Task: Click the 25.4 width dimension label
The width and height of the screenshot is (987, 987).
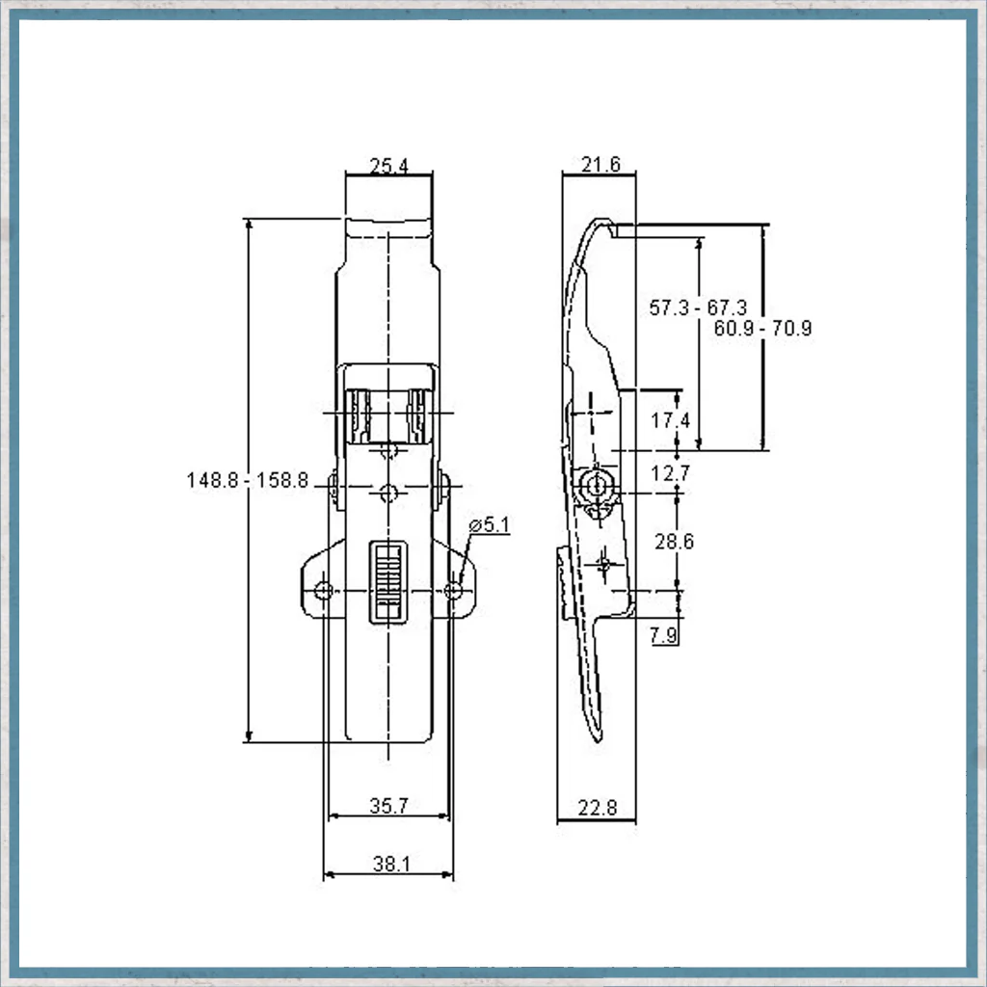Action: click(389, 166)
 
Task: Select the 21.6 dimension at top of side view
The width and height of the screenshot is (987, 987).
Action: click(600, 164)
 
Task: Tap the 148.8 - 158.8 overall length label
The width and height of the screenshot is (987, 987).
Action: click(248, 480)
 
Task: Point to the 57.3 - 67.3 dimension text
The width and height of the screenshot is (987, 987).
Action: click(698, 307)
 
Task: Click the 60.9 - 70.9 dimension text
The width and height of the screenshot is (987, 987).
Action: click(763, 328)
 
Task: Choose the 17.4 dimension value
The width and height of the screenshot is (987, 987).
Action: click(671, 420)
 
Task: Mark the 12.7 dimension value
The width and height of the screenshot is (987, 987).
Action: click(671, 472)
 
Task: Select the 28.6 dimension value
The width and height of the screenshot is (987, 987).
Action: click(674, 542)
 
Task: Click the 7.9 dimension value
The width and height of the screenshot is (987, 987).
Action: click(664, 635)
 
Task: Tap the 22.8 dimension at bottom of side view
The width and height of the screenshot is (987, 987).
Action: click(598, 808)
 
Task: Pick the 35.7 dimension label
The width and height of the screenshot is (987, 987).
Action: click(389, 806)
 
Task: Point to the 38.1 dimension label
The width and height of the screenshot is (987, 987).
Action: click(391, 864)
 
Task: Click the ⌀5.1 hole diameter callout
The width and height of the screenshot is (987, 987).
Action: click(490, 524)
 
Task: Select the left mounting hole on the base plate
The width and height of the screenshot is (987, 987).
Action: click(324, 591)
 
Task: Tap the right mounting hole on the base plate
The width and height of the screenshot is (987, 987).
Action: click(453, 591)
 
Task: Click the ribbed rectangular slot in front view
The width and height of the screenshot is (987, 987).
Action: click(387, 582)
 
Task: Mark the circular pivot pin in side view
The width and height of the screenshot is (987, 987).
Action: click(593, 486)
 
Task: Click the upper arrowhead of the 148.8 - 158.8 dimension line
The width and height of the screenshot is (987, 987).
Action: click(250, 225)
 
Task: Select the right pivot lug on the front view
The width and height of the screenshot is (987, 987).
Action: click(443, 489)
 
